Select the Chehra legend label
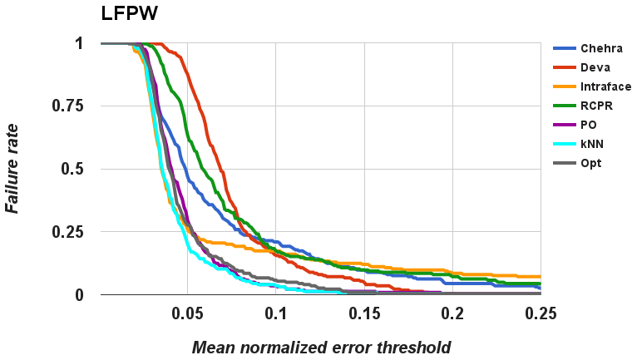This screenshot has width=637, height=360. click(602, 49)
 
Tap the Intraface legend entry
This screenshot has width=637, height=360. click(606, 86)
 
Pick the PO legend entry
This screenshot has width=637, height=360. click(590, 125)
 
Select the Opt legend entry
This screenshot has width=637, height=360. click(591, 163)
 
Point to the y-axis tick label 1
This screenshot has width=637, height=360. click(79, 43)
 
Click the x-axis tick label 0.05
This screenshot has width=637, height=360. click(187, 313)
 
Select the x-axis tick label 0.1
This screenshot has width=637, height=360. click(276, 313)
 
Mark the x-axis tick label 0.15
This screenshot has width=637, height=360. click(364, 313)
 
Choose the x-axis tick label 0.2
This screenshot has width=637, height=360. click(452, 313)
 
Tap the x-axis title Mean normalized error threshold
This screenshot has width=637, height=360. click(320, 347)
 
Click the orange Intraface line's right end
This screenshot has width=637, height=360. click(540, 276)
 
